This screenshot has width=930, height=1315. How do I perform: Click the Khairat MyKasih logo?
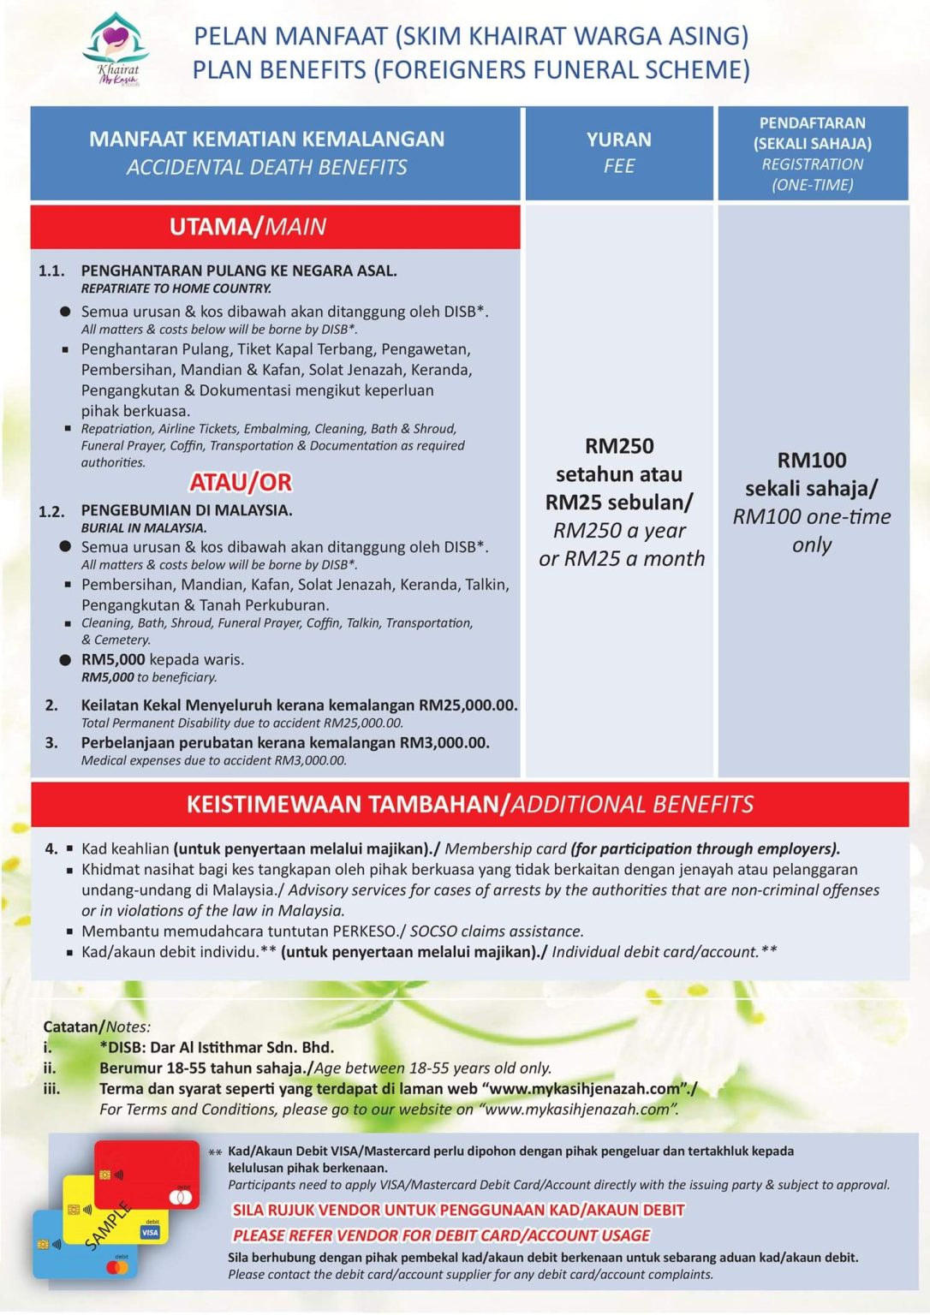(116, 50)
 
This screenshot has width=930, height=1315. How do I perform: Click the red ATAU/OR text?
(241, 483)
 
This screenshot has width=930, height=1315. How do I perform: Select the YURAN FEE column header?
(618, 152)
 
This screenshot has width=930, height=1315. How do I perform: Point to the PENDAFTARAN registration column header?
(812, 153)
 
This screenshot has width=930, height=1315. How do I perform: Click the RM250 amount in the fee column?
(619, 446)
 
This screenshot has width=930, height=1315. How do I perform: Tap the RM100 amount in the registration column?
(812, 461)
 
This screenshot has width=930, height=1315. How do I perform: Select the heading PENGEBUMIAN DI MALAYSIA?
(187, 510)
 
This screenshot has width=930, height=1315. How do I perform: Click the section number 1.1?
(51, 271)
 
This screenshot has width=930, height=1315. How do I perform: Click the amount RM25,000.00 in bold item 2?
(468, 705)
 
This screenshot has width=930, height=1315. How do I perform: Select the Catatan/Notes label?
(97, 1026)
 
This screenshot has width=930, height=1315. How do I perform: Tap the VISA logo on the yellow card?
(150, 1232)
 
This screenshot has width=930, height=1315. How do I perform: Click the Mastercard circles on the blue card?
(121, 1267)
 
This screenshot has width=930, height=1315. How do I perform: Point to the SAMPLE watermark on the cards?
(108, 1225)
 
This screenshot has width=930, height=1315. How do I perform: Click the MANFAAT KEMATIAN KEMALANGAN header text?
(266, 140)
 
